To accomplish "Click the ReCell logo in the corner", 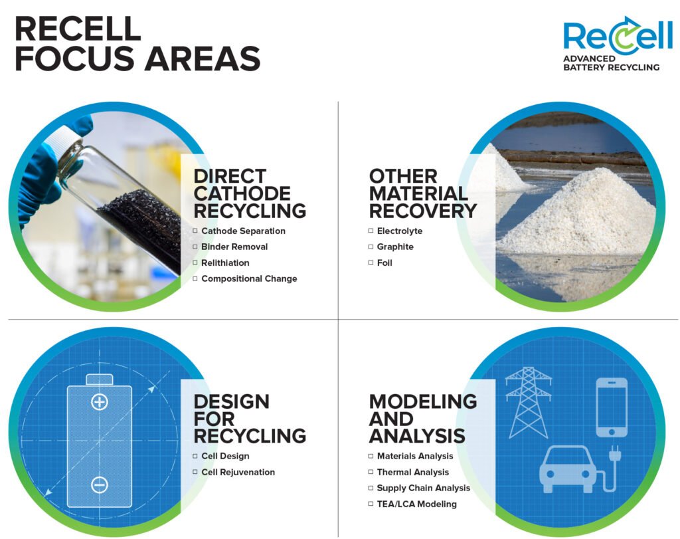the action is coord(617,43).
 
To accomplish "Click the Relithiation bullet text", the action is coord(225,263).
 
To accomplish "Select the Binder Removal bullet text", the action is coord(234,247).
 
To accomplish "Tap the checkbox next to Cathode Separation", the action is coord(195,231).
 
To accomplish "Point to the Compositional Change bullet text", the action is coord(249,278).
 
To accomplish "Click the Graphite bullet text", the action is coord(395,247).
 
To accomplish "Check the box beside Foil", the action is coord(371,263).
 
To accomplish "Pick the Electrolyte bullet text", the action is coord(399,231).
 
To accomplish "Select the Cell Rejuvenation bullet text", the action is coord(238,472).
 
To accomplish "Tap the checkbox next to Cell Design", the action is coord(195,456).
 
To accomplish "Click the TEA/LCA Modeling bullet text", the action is coord(417,504).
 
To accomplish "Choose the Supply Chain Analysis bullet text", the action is coord(423,488).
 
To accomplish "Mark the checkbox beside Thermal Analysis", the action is coord(371,472).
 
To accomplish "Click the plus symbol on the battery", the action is coord(100,402).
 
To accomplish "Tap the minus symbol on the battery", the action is coord(100,485).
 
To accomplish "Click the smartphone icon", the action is coord(612,407).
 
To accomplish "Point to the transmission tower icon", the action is coord(528,402).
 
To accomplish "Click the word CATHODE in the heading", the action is coord(242,193).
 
